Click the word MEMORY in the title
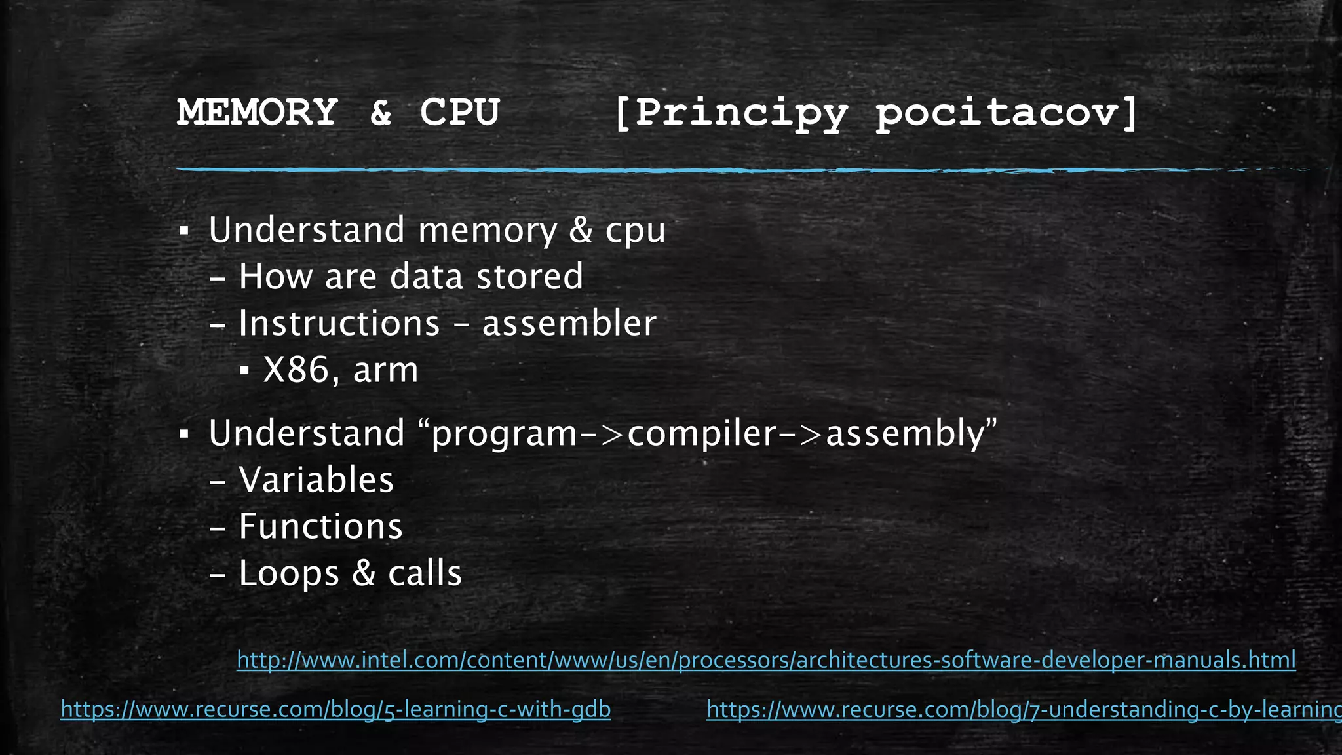(257, 112)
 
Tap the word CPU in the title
(459, 112)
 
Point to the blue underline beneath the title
(655, 170)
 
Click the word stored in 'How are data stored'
(529, 277)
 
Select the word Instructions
(339, 323)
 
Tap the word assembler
(569, 323)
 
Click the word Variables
(316, 480)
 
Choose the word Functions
(320, 526)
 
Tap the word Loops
(289, 573)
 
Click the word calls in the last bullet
(425, 573)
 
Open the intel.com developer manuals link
(766, 659)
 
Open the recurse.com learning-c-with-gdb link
(335, 709)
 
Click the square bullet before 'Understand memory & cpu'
(184, 231)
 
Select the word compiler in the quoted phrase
(701, 434)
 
